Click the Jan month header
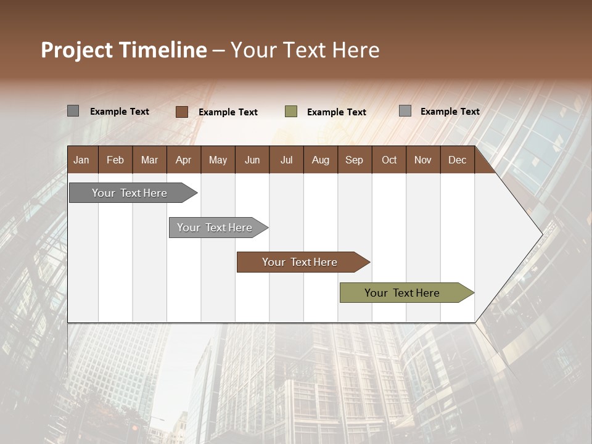81,160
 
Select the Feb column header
115,160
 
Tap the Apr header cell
183,160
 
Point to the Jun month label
252,160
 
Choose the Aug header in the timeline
320,160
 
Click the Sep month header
354,160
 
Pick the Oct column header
389,160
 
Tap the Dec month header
457,160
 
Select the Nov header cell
423,160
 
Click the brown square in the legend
182,112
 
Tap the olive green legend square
291,112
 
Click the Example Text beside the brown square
228,112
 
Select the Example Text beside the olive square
337,112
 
